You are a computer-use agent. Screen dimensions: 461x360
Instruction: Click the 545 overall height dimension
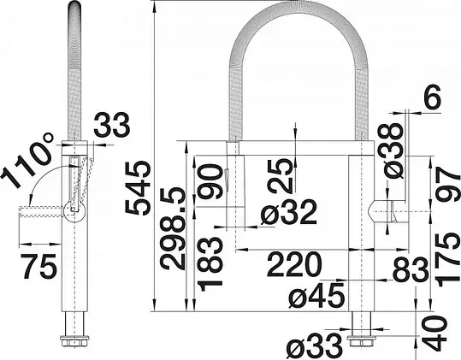[138, 188]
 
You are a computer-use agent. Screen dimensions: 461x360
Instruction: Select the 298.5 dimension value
[173, 229]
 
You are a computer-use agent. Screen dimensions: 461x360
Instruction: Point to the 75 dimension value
[38, 266]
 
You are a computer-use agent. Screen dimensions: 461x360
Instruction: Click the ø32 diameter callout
[289, 212]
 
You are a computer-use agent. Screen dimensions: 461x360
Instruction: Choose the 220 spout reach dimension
[294, 264]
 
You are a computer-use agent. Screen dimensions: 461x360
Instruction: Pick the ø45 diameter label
[316, 295]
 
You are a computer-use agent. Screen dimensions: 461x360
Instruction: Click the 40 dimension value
[435, 333]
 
